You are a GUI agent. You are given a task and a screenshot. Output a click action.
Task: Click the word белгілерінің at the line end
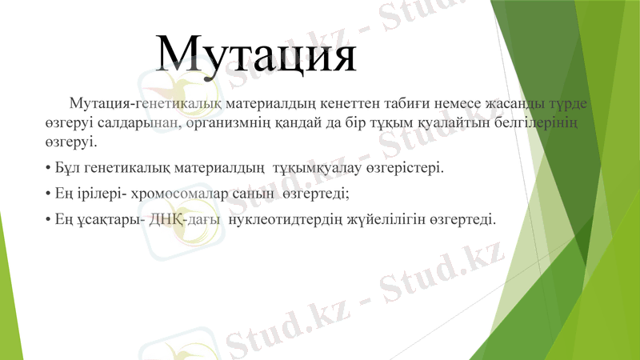click(x=537, y=123)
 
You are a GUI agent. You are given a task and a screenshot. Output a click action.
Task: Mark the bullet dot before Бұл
click(x=49, y=169)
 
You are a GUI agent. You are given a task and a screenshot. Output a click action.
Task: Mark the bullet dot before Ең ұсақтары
click(x=49, y=218)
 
